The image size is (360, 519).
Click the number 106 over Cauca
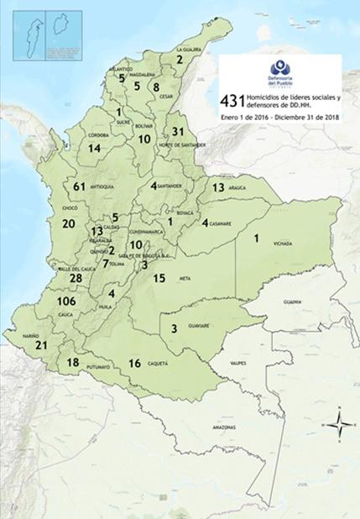click(65, 301)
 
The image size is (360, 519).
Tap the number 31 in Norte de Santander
click(177, 132)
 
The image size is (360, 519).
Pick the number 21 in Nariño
click(41, 345)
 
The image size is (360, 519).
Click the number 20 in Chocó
click(69, 223)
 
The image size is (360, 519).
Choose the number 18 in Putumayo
click(73, 362)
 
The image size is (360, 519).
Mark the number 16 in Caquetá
click(134, 363)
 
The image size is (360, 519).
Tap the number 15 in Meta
click(159, 278)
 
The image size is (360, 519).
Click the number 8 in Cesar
click(156, 86)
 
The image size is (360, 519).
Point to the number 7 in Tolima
click(106, 263)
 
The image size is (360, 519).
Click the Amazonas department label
click(224, 427)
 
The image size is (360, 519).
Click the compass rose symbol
click(337, 424)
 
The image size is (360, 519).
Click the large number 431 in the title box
click(232, 101)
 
